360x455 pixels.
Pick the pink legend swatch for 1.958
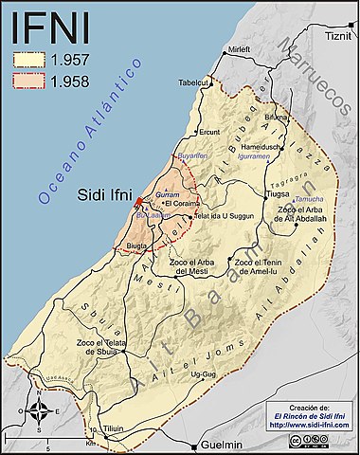pyautogui.click(x=29, y=81)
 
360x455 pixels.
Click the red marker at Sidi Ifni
pyautogui.click(x=138, y=201)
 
